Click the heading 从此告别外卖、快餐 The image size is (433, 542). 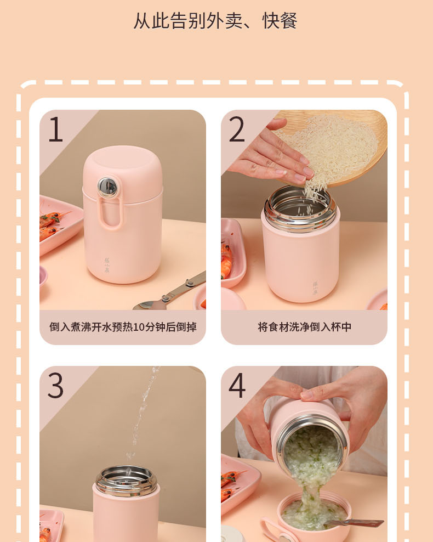pos(215,21)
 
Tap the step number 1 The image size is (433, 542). pos(55,129)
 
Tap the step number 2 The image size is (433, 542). pos(237,129)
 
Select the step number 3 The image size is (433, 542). pos(55,385)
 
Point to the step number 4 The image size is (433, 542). pos(237,385)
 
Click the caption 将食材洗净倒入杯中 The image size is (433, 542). pos(304,327)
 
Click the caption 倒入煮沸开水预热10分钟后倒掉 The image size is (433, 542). pos(123,327)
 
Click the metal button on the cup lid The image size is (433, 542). pos(107,188)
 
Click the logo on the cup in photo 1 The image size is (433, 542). pos(107,266)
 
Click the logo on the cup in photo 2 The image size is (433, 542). pos(315,288)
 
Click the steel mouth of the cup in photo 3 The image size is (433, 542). pos(127,480)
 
